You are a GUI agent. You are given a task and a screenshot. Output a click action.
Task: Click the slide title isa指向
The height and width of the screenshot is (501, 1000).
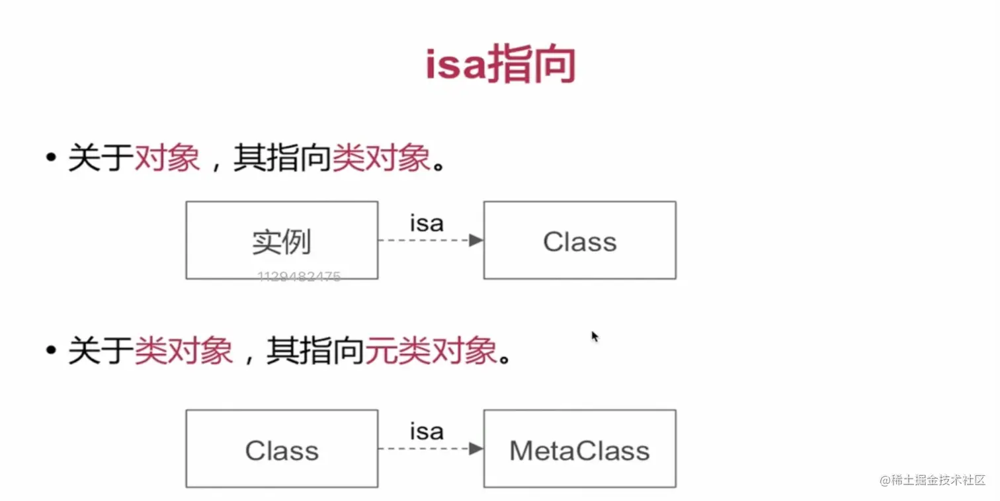click(x=500, y=65)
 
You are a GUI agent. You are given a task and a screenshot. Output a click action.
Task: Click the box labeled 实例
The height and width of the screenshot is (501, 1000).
click(x=282, y=241)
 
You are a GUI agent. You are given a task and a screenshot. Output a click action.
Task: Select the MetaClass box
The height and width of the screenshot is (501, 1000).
click(x=579, y=449)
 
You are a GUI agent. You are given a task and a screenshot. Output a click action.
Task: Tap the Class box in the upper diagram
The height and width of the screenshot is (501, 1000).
click(x=579, y=241)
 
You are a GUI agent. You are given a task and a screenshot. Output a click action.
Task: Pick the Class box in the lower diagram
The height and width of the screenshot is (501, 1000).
click(x=282, y=449)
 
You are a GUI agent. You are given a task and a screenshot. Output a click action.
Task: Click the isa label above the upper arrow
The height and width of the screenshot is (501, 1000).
click(x=427, y=223)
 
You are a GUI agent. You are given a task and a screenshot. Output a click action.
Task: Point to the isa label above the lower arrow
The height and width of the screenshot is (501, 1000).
click(x=427, y=432)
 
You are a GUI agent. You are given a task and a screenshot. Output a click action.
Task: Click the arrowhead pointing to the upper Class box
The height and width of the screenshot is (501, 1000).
click(x=476, y=241)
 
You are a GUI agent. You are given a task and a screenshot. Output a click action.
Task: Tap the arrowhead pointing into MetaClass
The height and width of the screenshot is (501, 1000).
click(x=476, y=449)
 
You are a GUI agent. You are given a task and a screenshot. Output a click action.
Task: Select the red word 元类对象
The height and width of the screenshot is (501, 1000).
click(x=431, y=350)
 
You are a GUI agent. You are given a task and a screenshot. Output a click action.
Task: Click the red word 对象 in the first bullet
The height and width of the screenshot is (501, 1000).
click(x=167, y=159)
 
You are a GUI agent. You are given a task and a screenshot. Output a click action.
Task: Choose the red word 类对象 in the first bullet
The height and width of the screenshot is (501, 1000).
click(x=381, y=159)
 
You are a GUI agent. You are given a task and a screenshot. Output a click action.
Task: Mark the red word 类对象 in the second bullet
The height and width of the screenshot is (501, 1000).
click(x=184, y=350)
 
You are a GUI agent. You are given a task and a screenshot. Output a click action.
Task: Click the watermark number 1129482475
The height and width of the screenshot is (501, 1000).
click(x=299, y=277)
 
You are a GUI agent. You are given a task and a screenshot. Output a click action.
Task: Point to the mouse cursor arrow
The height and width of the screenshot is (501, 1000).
click(x=594, y=335)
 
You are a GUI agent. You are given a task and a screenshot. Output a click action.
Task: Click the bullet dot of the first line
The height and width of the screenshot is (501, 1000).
click(x=51, y=159)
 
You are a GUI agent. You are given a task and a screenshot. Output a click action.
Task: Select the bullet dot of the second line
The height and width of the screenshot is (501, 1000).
click(x=51, y=350)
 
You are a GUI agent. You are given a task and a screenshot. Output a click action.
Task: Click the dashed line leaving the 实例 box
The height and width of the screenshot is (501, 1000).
click(x=420, y=241)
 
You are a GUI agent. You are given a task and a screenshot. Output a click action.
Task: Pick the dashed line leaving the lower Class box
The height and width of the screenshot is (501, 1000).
click(x=420, y=449)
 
